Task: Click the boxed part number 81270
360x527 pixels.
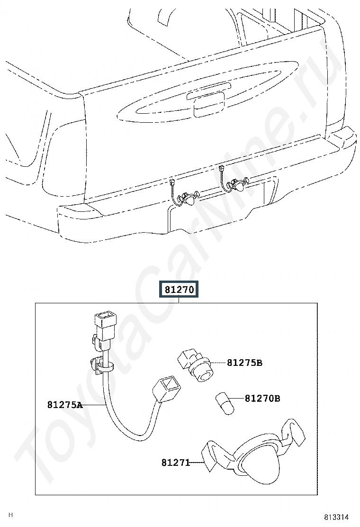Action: [x=179, y=289]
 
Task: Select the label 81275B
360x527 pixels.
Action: [x=244, y=363]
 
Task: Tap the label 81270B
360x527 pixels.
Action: [x=262, y=398]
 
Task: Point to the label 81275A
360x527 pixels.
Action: [x=65, y=405]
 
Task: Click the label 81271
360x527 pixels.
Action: [x=176, y=463]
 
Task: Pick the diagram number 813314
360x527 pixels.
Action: [x=336, y=517]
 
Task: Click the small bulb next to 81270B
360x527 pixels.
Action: [x=225, y=403]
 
